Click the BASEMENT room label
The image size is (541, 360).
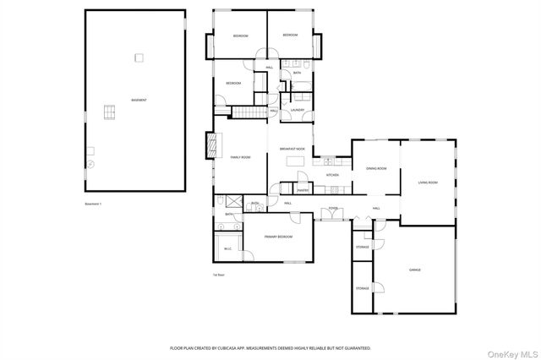coord(139,100)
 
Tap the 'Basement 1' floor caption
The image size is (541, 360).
coord(93,204)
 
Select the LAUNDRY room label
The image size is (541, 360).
coord(298,110)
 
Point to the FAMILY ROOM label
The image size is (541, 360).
coord(241,157)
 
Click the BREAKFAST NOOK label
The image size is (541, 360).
coord(292,149)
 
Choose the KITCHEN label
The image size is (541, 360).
coord(332,175)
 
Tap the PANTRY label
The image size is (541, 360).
coord(303,190)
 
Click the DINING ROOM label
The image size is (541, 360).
coord(376,168)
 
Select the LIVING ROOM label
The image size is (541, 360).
coord(428,183)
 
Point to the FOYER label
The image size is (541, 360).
coord(333,208)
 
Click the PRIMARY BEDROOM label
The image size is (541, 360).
coord(278,237)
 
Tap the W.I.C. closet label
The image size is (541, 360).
coord(227,248)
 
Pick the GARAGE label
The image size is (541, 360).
coord(415,270)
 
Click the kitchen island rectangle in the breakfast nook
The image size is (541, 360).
coord(293,161)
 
